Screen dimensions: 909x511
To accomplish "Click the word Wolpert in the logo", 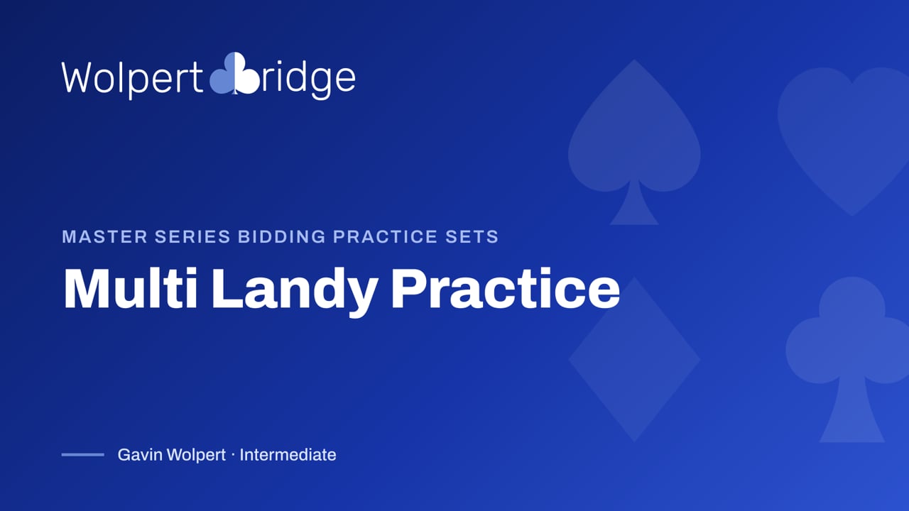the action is pyautogui.click(x=132, y=78).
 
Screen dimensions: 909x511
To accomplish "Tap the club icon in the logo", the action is pyautogui.click(x=234, y=73).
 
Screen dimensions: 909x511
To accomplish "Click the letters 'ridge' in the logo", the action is pyautogui.click(x=309, y=78).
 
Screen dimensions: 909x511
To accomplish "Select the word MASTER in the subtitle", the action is pyautogui.click(x=104, y=237).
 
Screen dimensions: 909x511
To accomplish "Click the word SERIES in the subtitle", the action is pyautogui.click(x=192, y=237).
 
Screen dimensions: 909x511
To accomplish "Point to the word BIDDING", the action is pyautogui.click(x=282, y=237).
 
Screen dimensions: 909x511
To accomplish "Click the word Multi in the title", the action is pyautogui.click(x=131, y=289).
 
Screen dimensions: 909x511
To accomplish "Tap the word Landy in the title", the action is pyautogui.click(x=295, y=291).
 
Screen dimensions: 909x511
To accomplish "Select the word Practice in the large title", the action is pyautogui.click(x=506, y=289).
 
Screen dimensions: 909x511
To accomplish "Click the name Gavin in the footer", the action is pyautogui.click(x=140, y=455).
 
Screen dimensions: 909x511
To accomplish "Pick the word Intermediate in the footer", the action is pyautogui.click(x=288, y=455).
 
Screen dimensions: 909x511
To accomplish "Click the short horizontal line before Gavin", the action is pyautogui.click(x=83, y=455).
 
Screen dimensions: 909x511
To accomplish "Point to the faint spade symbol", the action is pyautogui.click(x=634, y=142).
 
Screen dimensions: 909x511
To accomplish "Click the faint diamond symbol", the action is pyautogui.click(x=634, y=359).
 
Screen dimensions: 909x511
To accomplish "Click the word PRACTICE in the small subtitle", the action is pyautogui.click(x=386, y=237).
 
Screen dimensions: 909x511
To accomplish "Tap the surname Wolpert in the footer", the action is pyautogui.click(x=196, y=456).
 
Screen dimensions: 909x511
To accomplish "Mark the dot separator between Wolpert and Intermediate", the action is pyautogui.click(x=233, y=455).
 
